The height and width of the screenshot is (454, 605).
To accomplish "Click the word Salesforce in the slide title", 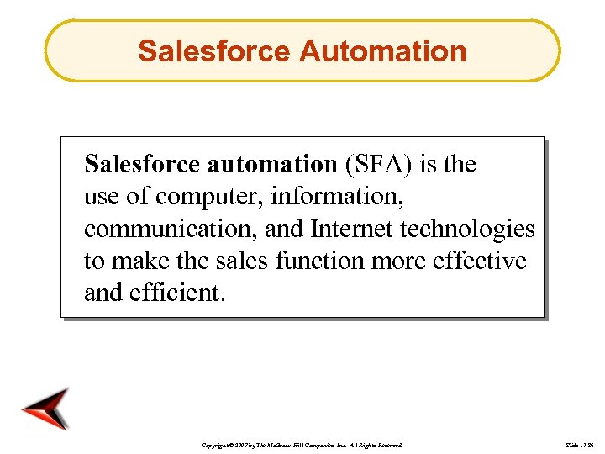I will click(213, 50).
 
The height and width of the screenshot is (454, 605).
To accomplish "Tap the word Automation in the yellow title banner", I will click(382, 50).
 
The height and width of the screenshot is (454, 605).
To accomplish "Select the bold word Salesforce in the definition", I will click(140, 164).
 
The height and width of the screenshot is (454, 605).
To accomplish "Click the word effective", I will click(479, 261).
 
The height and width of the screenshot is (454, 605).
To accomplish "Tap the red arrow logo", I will click(47, 409).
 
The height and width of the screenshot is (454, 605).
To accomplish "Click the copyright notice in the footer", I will click(303, 443).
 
